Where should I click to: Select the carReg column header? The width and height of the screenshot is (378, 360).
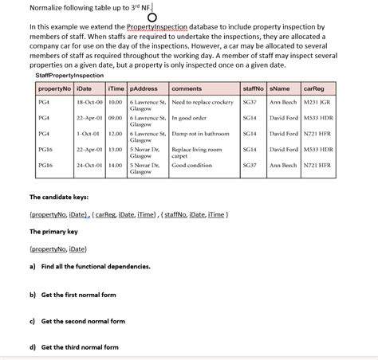coord(313,88)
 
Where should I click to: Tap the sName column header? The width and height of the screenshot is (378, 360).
coord(281,88)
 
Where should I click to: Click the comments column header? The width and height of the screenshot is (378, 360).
coord(187,88)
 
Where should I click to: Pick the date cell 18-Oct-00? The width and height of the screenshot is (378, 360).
coord(90,103)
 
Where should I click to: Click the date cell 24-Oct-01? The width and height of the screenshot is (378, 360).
coord(90,165)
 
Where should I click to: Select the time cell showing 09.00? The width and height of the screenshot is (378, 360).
coord(115,118)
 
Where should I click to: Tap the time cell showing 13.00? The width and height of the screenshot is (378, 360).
coord(115,149)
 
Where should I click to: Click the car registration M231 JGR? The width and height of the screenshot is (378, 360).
coord(317,103)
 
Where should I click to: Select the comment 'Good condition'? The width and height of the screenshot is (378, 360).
coord(191,165)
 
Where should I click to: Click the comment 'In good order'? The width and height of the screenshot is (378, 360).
coord(189,118)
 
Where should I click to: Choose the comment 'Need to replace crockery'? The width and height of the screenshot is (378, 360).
coord(203,103)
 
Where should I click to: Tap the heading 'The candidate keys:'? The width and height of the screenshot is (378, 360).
coord(59,197)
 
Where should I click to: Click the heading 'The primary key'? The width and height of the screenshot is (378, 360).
coord(53,232)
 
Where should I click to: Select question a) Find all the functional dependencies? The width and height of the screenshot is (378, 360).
coord(89,267)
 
